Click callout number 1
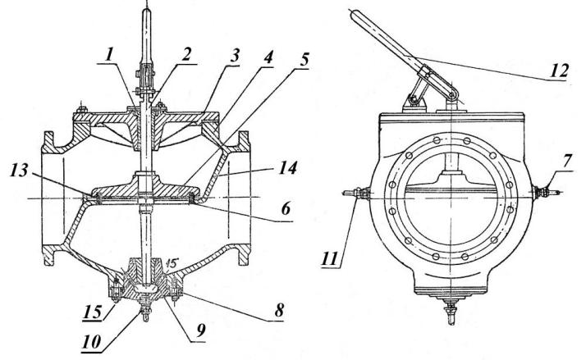click(x=109, y=54)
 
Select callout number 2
click(x=186, y=54)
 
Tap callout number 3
click(x=234, y=57)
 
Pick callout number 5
click(x=304, y=59)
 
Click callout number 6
click(x=286, y=210)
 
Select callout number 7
click(x=567, y=162)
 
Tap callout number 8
click(x=279, y=310)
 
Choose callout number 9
click(x=201, y=330)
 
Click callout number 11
click(x=330, y=257)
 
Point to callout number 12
click(x=560, y=71)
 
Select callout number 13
click(x=19, y=171)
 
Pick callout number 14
click(x=288, y=167)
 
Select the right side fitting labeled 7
click(x=546, y=193)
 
